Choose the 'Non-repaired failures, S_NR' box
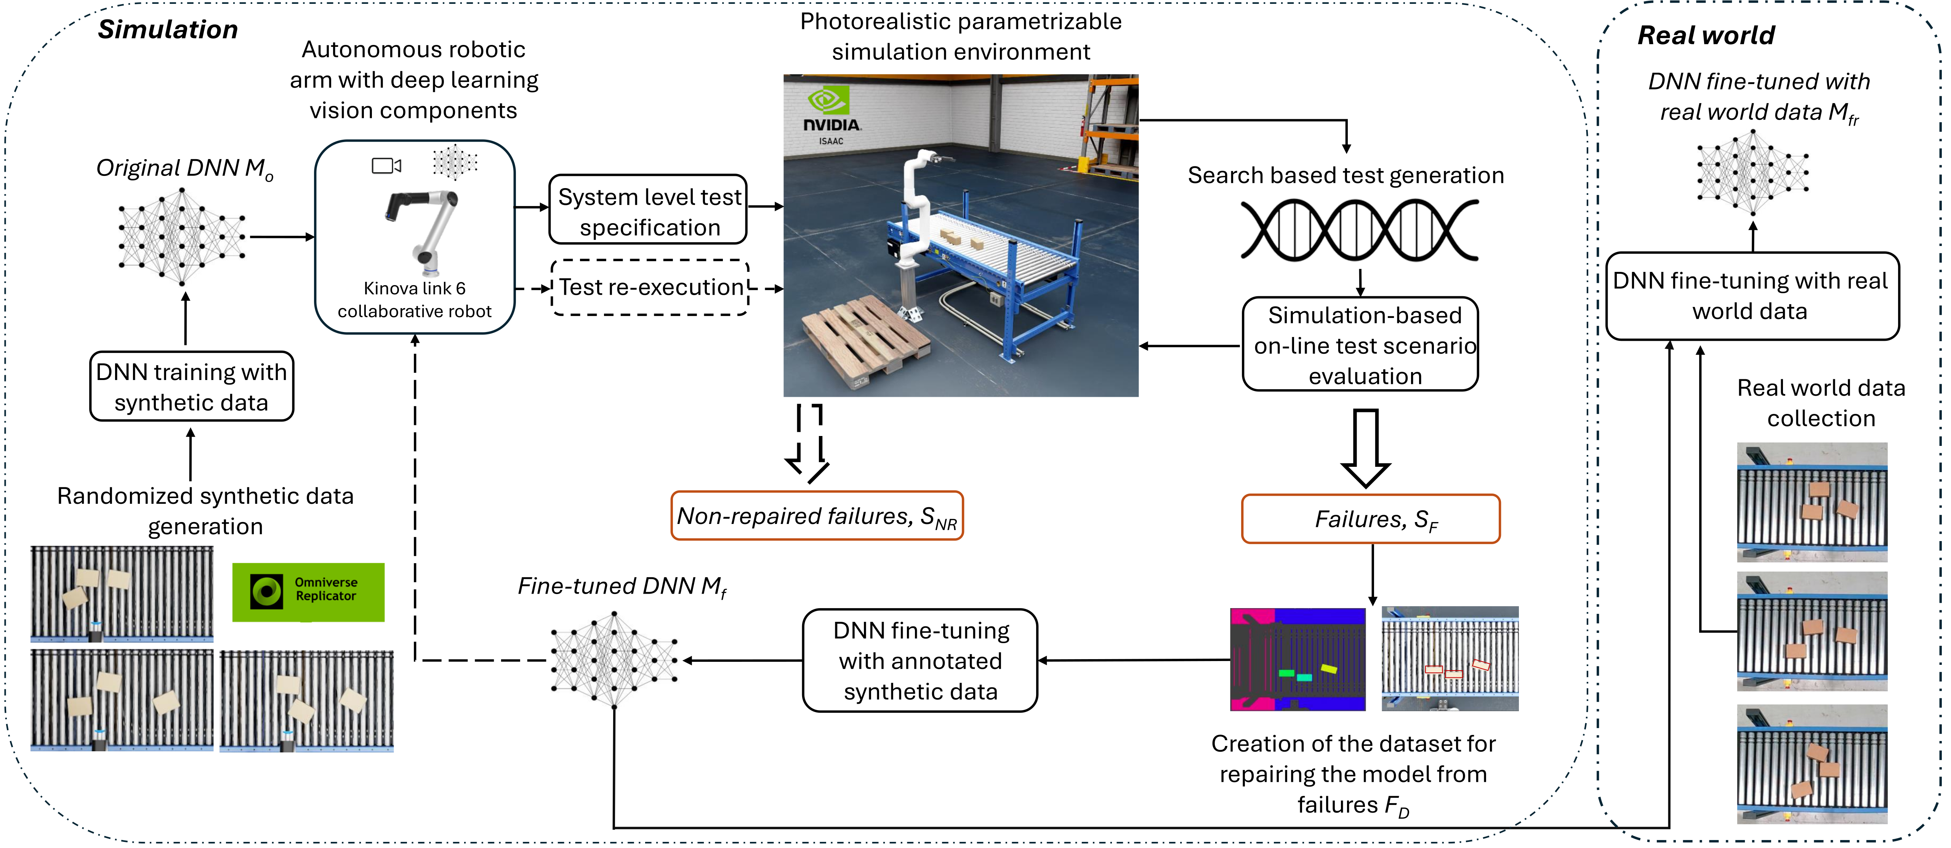(x=817, y=516)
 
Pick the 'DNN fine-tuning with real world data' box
(x=1752, y=296)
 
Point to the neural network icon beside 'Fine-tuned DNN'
(x=613, y=660)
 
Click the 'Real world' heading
(x=1706, y=35)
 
